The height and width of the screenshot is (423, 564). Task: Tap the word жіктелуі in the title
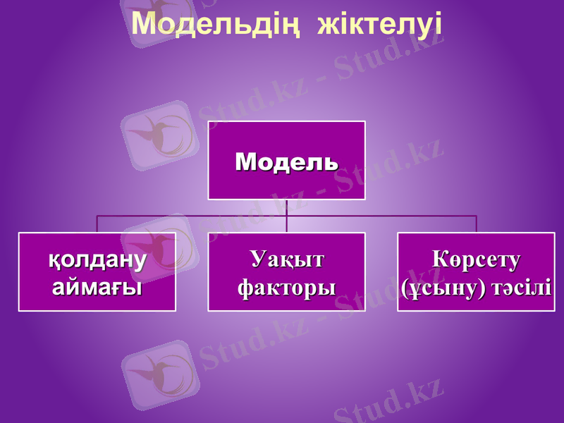[x=380, y=24]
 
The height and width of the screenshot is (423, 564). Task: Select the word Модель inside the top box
[x=286, y=161]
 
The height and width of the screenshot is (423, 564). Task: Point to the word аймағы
[x=97, y=287]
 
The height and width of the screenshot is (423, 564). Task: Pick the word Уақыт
[x=286, y=259]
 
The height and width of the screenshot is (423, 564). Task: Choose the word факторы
[x=286, y=287]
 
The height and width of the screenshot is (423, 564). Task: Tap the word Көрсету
[x=476, y=259]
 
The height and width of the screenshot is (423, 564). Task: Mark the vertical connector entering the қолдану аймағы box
[x=97, y=224]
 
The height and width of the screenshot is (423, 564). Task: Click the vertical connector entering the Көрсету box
[x=477, y=224]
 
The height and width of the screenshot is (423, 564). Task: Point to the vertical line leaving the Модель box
[x=287, y=207]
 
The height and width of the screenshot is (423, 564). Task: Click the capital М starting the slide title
[x=143, y=24]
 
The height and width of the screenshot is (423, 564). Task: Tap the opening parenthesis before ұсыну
[x=404, y=288]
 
